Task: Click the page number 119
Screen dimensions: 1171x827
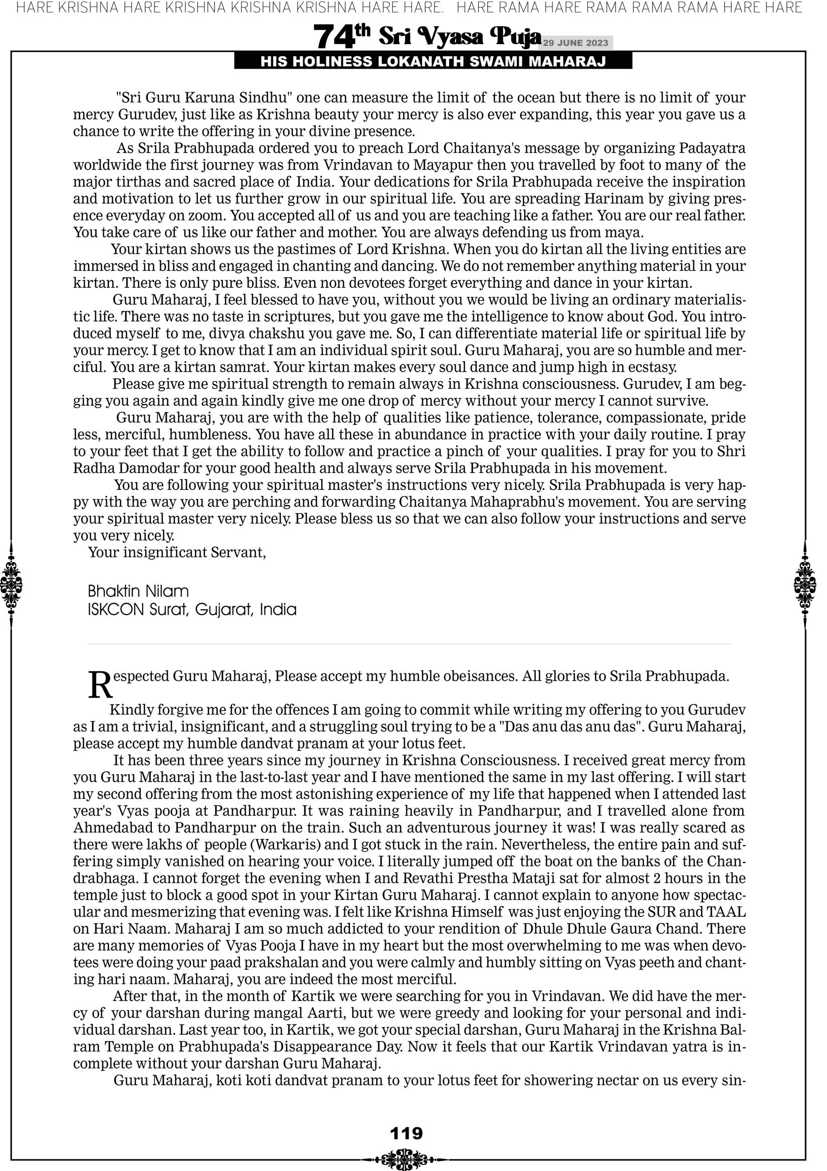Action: pos(406,1133)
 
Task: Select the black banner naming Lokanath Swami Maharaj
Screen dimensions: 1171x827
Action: pos(433,62)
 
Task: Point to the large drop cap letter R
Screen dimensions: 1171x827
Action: pos(100,685)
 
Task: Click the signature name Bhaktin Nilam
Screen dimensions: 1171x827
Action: pos(138,591)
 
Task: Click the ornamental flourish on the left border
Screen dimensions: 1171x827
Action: pos(11,584)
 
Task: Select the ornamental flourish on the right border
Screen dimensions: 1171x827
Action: pos(805,584)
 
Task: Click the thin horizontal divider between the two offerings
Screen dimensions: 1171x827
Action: pos(409,644)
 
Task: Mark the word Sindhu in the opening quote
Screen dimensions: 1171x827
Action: pos(266,98)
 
